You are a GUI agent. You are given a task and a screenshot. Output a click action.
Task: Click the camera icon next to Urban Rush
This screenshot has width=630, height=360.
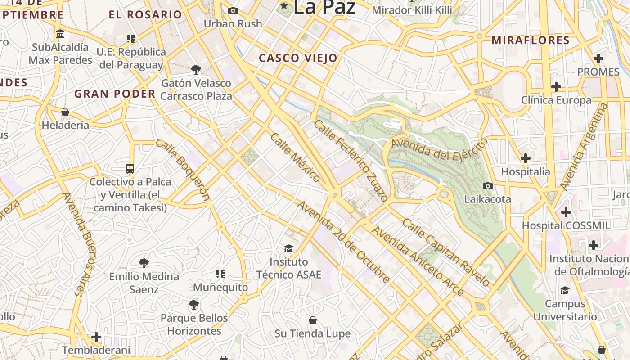[x=233, y=10]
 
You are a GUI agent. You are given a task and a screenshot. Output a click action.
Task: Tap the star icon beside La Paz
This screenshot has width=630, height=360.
[x=284, y=6]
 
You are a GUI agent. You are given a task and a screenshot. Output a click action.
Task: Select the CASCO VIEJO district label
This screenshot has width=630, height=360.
[x=298, y=58]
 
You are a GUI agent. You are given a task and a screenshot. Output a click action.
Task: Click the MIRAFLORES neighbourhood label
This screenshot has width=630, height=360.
[x=531, y=40]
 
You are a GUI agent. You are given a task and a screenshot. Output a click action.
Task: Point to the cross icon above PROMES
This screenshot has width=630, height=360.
[x=598, y=58]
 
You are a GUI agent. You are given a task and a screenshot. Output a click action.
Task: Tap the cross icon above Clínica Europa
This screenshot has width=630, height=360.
[x=556, y=86]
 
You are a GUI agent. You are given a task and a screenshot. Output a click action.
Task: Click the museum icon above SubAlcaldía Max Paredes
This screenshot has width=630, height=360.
[x=60, y=34]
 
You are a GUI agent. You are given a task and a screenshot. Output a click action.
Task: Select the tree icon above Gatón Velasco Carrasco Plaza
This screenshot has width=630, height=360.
[x=196, y=69]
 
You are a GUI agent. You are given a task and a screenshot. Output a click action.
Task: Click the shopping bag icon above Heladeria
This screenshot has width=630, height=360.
[x=65, y=112]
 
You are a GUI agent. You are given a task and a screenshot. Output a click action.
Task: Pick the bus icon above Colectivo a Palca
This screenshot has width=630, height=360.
[x=130, y=169]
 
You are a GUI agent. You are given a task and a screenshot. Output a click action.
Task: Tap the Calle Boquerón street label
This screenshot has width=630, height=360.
[x=183, y=169]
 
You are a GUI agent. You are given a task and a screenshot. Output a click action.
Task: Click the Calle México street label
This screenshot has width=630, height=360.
[x=295, y=157]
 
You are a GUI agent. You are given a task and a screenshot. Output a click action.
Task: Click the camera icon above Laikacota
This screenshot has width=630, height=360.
[x=487, y=186]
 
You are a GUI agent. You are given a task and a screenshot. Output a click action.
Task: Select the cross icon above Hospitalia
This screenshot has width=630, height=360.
[x=525, y=158]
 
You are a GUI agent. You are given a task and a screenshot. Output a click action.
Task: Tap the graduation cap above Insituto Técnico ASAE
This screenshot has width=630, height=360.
[x=288, y=248]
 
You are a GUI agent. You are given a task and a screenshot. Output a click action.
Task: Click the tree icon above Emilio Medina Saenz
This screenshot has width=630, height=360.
[x=144, y=263]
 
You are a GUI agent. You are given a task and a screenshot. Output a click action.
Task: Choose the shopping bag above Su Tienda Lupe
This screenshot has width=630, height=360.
[x=313, y=320]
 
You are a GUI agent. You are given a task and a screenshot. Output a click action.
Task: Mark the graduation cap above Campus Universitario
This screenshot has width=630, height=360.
[x=565, y=290]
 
